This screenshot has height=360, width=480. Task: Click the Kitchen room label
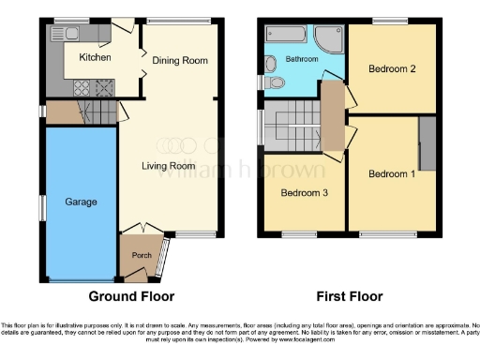coord(95,57)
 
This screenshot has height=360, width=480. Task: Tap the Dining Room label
coord(179,60)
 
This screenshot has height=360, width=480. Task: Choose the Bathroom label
coord(302,59)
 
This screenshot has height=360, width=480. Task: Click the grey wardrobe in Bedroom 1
coord(427,143)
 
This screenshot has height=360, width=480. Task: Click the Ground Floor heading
coord(131,297)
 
